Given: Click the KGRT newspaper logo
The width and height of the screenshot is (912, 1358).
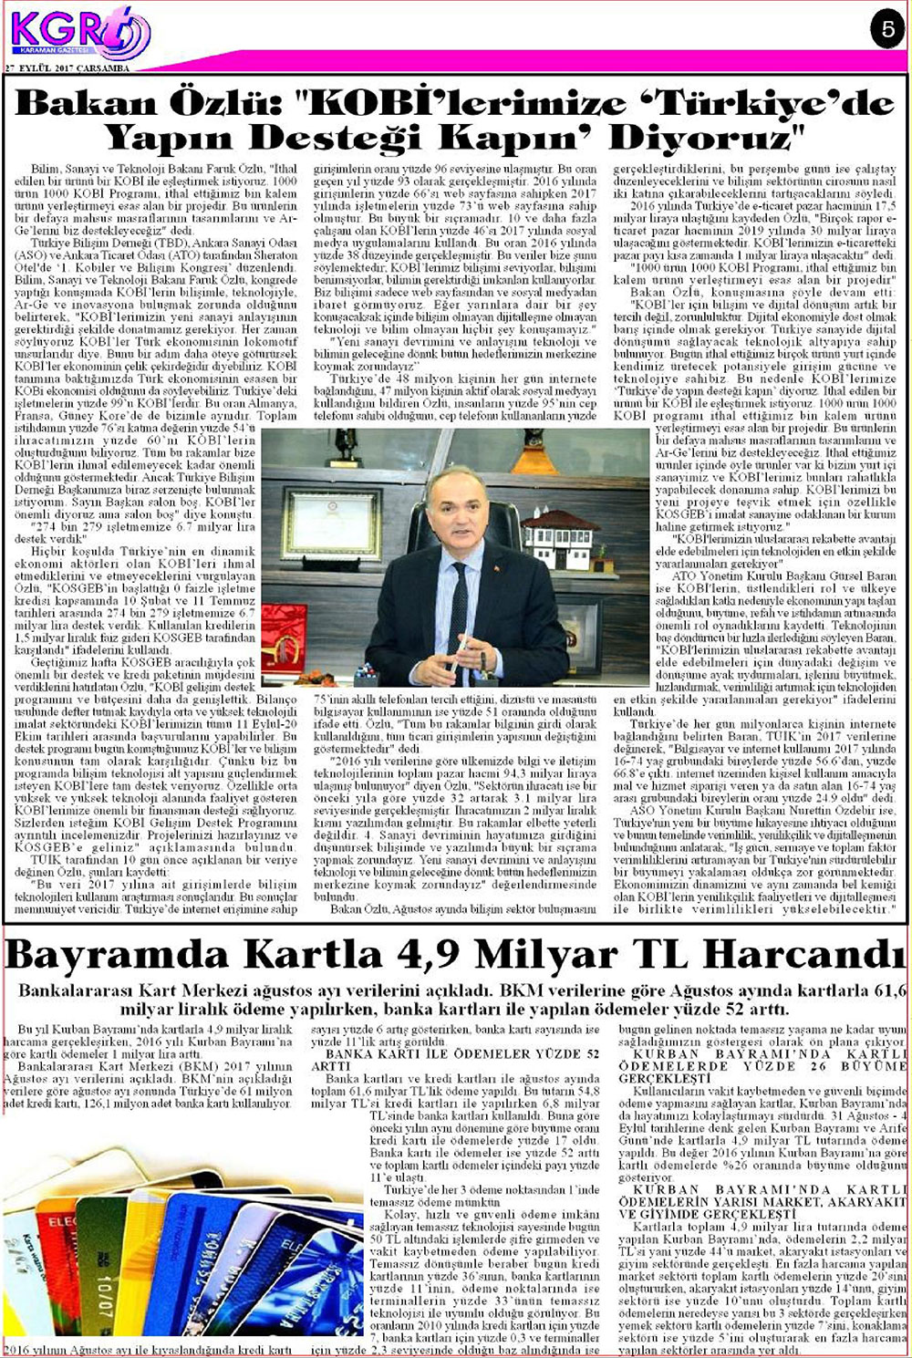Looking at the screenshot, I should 78,33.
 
